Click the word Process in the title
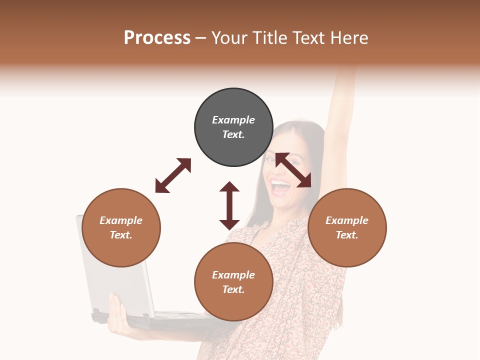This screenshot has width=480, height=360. tap(157, 38)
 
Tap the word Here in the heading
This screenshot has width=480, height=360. tap(348, 38)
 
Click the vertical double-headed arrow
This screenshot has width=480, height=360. tap(229, 205)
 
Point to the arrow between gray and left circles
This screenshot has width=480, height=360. tap(173, 175)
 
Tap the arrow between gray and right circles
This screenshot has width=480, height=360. tap(293, 170)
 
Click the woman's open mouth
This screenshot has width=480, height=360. tap(280, 187)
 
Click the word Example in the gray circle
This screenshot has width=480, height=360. tap(233, 120)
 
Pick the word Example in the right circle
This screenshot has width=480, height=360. tap(347, 220)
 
